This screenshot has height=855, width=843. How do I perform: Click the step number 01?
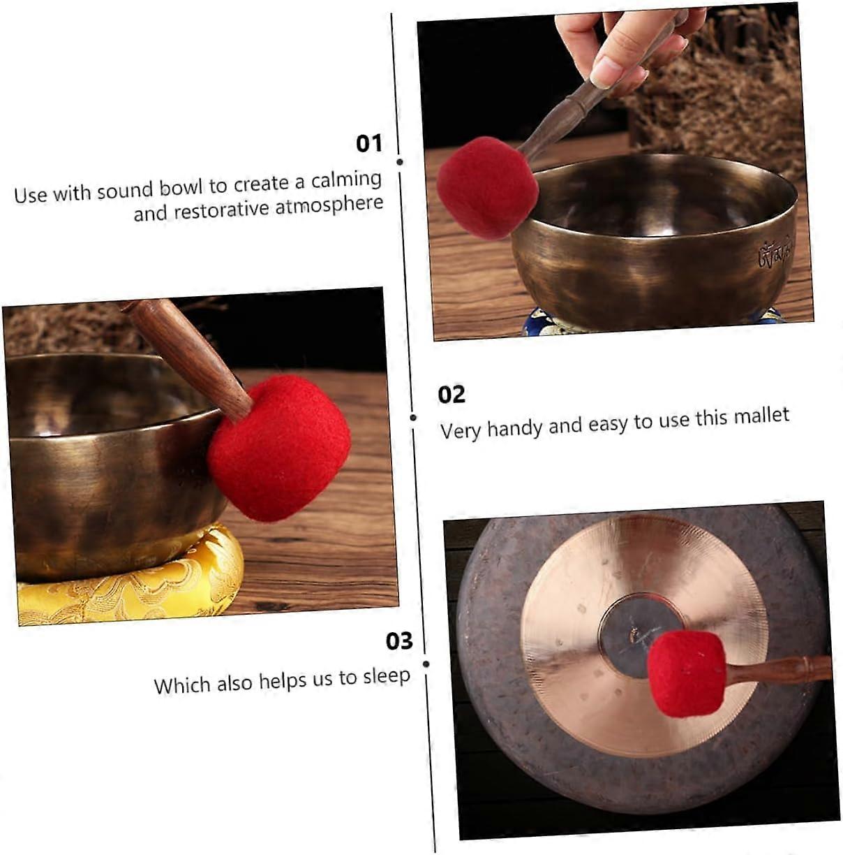click(x=369, y=144)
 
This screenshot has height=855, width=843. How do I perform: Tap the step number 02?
click(x=452, y=395)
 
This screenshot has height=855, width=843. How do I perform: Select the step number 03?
click(x=399, y=641)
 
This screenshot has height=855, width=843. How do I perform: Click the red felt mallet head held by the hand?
click(x=487, y=188)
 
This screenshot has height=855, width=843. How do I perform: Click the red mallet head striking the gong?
click(x=687, y=674)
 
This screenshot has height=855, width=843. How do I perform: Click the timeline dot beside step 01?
click(x=400, y=162)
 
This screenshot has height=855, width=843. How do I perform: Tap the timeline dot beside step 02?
click(x=413, y=418)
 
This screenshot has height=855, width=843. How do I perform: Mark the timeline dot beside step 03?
click(x=426, y=664)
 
